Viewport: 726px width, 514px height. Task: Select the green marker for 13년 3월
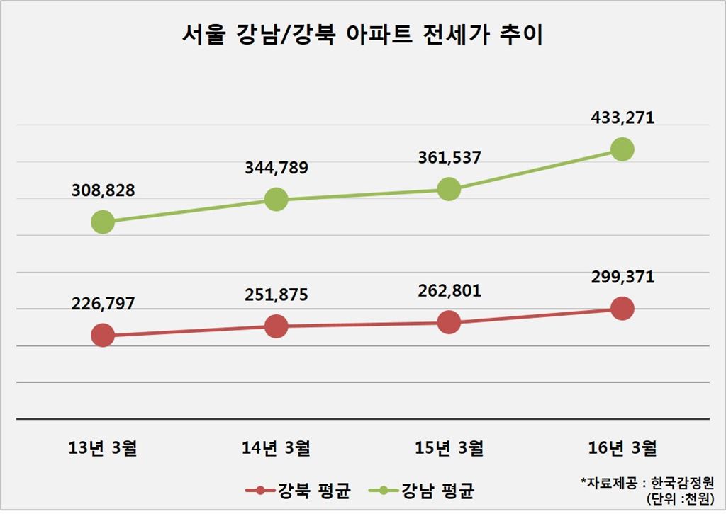click(103, 222)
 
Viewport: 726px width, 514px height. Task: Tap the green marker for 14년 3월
click(276, 200)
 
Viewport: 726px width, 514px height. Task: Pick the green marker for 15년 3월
click(449, 189)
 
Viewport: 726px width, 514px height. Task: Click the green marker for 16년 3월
click(622, 149)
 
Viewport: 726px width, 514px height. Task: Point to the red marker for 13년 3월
click(103, 335)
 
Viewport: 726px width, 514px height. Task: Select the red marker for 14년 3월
click(276, 326)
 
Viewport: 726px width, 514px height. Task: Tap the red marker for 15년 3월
click(449, 322)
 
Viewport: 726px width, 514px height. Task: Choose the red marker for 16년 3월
click(622, 309)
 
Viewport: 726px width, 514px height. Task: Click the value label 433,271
click(622, 117)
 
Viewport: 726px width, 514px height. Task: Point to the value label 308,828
click(103, 190)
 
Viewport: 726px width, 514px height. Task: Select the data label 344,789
click(276, 169)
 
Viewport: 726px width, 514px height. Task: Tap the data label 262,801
click(449, 290)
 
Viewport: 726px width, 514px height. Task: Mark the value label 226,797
click(103, 304)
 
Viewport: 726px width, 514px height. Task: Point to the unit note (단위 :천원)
click(681, 499)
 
